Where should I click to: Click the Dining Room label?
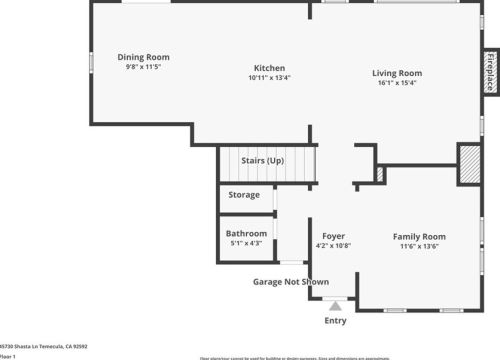click(x=143, y=57)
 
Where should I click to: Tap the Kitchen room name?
click(x=269, y=67)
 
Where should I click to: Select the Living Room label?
click(x=397, y=73)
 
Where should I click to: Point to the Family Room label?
click(x=418, y=236)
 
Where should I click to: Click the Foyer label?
click(x=333, y=236)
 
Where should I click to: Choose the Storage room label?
click(x=244, y=195)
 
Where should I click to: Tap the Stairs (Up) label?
click(x=263, y=160)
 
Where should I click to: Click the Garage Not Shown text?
click(x=290, y=282)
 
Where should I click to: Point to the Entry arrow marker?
click(x=335, y=305)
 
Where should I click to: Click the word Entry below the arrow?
click(x=335, y=320)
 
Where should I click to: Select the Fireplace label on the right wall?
click(x=491, y=72)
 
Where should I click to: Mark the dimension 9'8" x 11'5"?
click(x=143, y=67)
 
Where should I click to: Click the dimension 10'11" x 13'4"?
click(x=269, y=77)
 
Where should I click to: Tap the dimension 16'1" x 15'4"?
click(x=397, y=83)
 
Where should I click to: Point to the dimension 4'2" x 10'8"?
click(x=333, y=246)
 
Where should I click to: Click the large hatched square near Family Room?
click(x=469, y=164)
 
